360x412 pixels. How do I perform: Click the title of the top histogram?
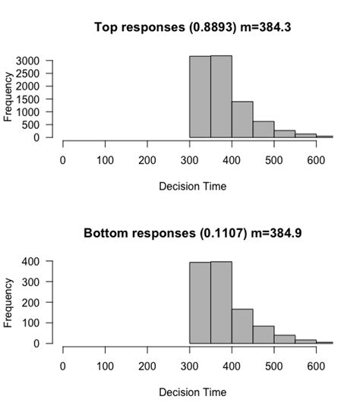pyautogui.click(x=192, y=27)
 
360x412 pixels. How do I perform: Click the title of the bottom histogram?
pyautogui.click(x=192, y=233)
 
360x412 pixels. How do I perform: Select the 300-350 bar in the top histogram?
pyautogui.click(x=201, y=97)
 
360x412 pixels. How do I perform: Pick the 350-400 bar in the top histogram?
pyautogui.click(x=221, y=97)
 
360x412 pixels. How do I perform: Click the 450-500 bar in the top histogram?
pyautogui.click(x=264, y=130)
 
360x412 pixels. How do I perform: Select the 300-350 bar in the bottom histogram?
pyautogui.click(x=201, y=303)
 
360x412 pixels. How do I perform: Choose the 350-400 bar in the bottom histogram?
pyautogui.click(x=221, y=303)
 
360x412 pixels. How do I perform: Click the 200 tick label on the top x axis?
pyautogui.click(x=147, y=160)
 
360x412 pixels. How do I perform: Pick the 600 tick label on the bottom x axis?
pyautogui.click(x=316, y=366)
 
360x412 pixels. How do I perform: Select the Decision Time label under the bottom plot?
pyautogui.click(x=192, y=392)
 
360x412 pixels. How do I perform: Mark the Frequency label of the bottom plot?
pyautogui.click(x=9, y=302)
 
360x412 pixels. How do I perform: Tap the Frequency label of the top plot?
pyautogui.click(x=9, y=96)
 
